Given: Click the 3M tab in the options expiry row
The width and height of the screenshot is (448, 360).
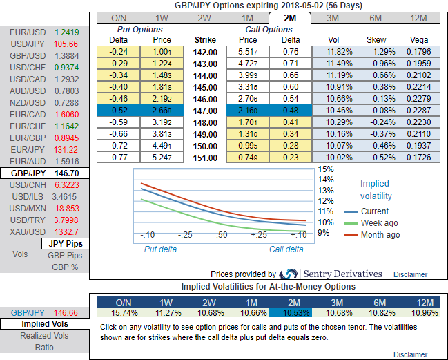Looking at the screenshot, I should click(332, 18).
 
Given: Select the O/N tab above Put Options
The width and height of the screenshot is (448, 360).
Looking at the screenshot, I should click(119, 18).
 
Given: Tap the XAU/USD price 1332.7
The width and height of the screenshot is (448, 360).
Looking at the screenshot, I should click(66, 231).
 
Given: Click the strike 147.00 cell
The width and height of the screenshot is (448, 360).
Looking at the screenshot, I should click(206, 111).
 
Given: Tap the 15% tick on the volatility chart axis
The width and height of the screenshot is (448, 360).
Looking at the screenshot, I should click(326, 169).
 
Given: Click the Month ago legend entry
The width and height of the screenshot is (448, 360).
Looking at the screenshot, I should click(380, 235).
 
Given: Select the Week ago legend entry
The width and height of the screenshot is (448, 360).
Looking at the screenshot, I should click(378, 223).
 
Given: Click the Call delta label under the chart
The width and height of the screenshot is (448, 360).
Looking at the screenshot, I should click(286, 249).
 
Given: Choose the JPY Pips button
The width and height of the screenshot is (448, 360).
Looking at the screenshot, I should click(64, 244).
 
